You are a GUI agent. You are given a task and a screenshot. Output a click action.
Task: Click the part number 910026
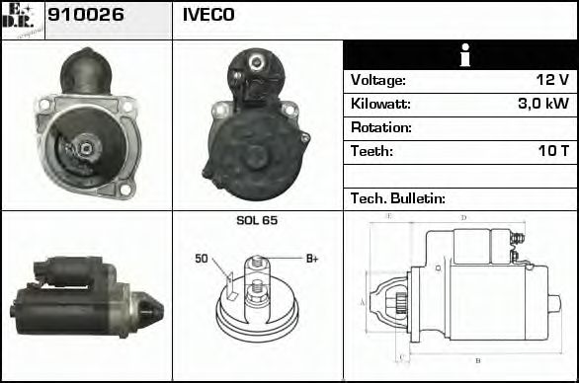click(86, 16)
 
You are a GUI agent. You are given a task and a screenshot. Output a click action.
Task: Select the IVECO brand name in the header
click(208, 16)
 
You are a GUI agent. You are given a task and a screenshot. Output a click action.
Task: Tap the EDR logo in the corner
click(23, 20)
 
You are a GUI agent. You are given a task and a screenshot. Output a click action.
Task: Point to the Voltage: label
click(377, 80)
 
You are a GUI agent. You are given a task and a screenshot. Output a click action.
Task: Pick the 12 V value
click(550, 80)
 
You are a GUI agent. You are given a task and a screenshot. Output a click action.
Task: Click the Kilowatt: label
click(380, 104)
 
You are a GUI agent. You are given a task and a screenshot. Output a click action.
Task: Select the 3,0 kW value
click(543, 104)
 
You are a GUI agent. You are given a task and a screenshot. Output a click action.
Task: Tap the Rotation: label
click(380, 127)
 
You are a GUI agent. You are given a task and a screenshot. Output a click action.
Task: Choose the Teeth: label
click(372, 151)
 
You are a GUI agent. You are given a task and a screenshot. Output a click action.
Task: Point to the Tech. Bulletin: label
click(398, 198)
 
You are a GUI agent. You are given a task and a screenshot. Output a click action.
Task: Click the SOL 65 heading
click(257, 220)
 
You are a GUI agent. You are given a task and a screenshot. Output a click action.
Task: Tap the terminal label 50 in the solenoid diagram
click(202, 260)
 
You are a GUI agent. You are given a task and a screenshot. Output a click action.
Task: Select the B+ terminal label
click(311, 259)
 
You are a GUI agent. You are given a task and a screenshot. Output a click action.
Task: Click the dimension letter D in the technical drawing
click(463, 218)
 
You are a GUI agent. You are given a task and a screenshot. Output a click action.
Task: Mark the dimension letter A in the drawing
click(363, 301)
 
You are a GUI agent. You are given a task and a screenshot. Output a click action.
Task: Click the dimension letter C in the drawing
click(400, 355)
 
